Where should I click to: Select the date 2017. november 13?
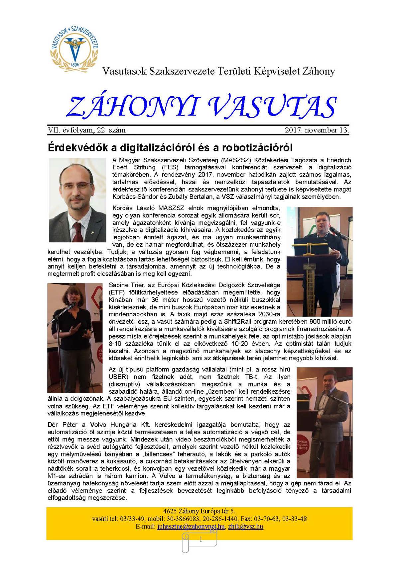(x=317, y=130)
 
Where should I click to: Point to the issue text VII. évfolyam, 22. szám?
(x=87, y=130)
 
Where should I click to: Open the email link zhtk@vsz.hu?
(x=246, y=526)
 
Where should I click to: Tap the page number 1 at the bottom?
(x=200, y=540)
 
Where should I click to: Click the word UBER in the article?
(x=118, y=377)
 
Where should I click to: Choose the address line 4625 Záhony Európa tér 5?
(x=199, y=511)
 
